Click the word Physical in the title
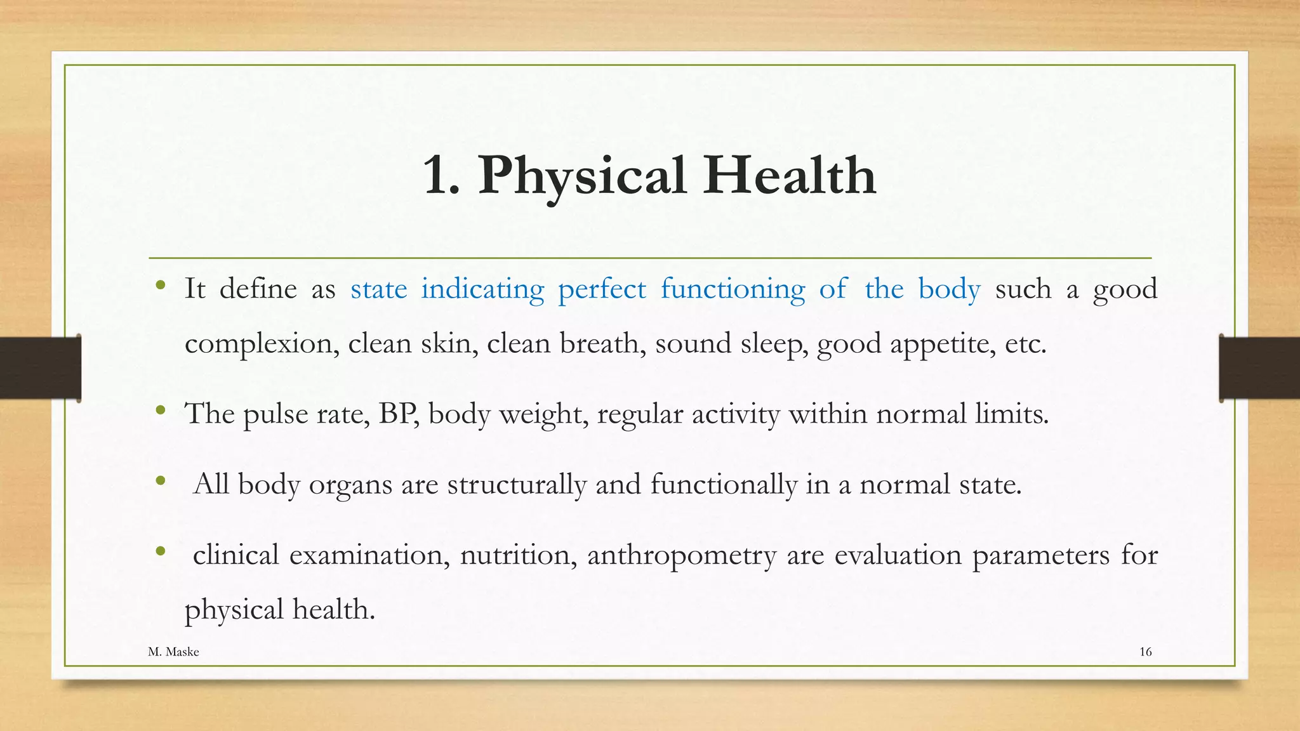(x=582, y=176)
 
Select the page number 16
(x=1145, y=652)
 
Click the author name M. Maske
(x=173, y=652)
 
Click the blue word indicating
(x=482, y=289)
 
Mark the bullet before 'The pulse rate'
(x=161, y=410)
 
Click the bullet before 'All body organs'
(x=161, y=480)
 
